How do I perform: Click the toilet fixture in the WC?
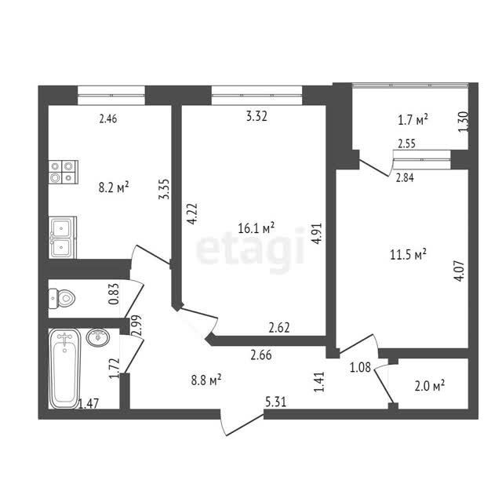pos(62,298)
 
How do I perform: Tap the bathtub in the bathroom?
pos(64,369)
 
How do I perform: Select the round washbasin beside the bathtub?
pos(98,337)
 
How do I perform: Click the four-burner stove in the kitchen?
pos(63,172)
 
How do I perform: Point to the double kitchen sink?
pos(63,237)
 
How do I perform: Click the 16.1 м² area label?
pos(256,228)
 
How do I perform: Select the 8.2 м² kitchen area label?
pos(114,187)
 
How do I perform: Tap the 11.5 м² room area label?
pos(408,255)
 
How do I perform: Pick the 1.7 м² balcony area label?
pos(413,120)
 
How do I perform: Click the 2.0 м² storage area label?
pos(430,386)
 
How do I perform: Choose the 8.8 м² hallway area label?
pos(206,380)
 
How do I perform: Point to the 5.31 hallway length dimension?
pos(276,402)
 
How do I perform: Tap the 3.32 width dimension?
pos(256,116)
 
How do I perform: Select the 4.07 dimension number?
pos(459,271)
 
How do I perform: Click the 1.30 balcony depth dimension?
pos(464,122)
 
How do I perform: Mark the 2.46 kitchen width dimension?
pos(108,118)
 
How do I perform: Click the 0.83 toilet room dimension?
pos(114,294)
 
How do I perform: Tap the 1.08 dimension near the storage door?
pos(360,368)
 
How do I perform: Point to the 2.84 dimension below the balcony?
pos(405,177)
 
